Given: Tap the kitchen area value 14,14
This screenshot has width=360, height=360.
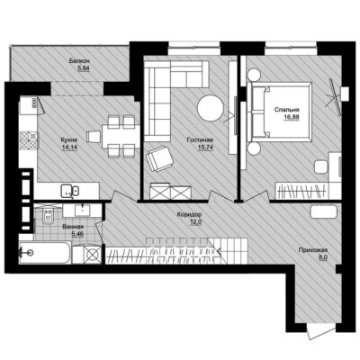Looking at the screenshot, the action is pyautogui.click(x=69, y=148).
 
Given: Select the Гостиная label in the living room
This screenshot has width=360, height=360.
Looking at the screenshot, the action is pyautogui.click(x=200, y=139).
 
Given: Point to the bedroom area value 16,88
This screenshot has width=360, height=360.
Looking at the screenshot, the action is pyautogui.click(x=292, y=117).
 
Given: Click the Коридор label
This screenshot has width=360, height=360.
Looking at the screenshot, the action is pyautogui.click(x=189, y=214).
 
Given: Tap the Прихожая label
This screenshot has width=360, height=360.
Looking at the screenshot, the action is pyautogui.click(x=312, y=250).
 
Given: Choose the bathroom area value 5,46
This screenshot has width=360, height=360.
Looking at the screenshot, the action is pyautogui.click(x=77, y=234).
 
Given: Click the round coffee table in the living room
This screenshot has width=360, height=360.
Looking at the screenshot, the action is pyautogui.click(x=211, y=108).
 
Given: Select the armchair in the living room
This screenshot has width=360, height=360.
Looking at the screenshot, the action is pyautogui.click(x=159, y=158).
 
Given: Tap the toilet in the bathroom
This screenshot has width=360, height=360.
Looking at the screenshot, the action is pyautogui.click(x=48, y=217).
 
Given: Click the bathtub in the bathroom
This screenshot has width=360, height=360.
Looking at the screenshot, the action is pyautogui.click(x=44, y=253).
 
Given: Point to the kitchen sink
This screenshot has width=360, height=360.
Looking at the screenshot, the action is pyautogui.click(x=69, y=191).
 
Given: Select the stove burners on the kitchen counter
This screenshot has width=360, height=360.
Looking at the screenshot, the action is pyautogui.click(x=29, y=140).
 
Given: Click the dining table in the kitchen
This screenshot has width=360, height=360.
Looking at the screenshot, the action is pyautogui.click(x=121, y=137).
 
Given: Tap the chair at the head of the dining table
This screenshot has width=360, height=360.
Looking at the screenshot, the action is pyautogui.click(x=94, y=137).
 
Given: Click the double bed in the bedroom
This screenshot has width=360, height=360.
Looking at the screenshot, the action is pyautogui.click(x=279, y=112).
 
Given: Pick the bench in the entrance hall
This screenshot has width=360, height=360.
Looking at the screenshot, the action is pyautogui.click(x=324, y=211).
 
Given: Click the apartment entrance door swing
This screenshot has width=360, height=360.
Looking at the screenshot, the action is pyautogui.click(x=317, y=332).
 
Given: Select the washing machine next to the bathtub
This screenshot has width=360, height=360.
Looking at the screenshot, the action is pyautogui.click(x=92, y=255).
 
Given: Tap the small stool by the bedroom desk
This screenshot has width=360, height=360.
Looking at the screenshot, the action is pyautogui.click(x=320, y=166).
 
